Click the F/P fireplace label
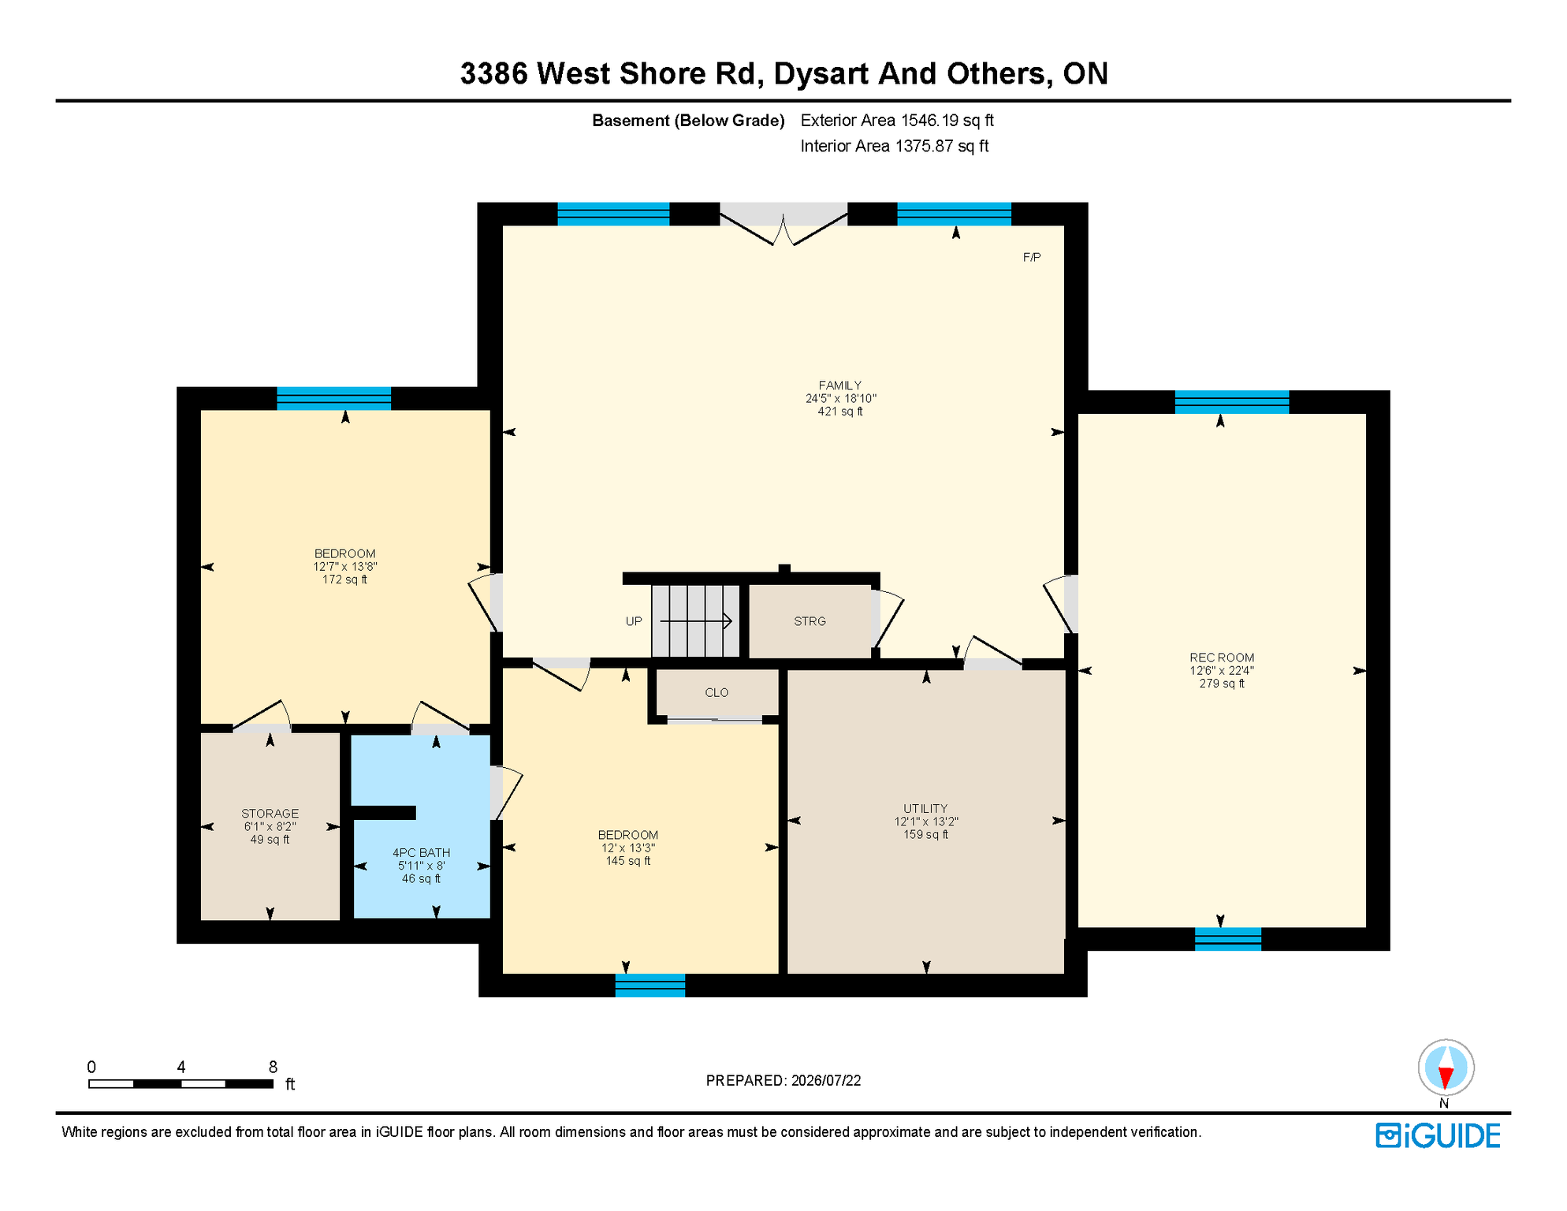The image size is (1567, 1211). point(1031,257)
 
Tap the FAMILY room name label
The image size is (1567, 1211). point(840,386)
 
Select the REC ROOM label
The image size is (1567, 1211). point(1222,658)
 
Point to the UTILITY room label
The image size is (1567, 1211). point(925,808)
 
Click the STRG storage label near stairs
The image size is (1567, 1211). point(810,621)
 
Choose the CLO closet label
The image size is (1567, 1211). point(717,692)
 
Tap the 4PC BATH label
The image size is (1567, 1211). point(421,852)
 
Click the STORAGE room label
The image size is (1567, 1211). point(270,814)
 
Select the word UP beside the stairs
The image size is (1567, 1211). point(634,621)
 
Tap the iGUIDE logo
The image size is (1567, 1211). point(1438,1136)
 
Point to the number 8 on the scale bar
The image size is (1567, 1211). point(273,1067)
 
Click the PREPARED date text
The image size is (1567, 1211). point(783,1080)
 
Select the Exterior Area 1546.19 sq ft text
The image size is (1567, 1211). point(897,121)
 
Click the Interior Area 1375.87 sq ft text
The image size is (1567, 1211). point(895,146)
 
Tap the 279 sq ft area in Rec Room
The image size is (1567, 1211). point(1222,684)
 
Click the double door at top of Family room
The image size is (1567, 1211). point(783,224)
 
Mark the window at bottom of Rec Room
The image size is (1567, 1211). point(1227,939)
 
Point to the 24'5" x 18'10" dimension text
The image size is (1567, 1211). point(840,398)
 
